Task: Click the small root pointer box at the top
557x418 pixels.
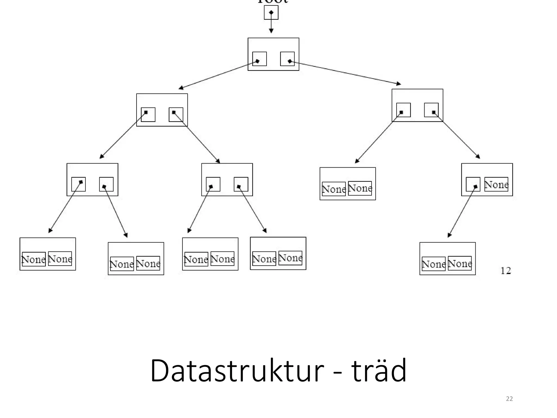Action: (271, 13)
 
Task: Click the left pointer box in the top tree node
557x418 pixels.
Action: (259, 59)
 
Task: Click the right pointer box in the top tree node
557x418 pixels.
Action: (287, 59)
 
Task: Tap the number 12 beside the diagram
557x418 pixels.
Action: (506, 271)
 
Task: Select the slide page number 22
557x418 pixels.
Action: (509, 399)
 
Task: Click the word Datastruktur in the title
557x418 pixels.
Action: (237, 371)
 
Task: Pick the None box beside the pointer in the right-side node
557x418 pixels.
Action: (496, 184)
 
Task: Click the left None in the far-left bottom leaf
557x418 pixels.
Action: (34, 259)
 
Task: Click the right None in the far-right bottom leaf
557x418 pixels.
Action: (460, 263)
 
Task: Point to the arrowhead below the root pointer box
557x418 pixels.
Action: (271, 30)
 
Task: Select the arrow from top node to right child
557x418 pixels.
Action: (345, 73)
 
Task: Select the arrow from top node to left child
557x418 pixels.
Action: (218, 75)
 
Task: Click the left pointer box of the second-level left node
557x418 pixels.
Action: (148, 115)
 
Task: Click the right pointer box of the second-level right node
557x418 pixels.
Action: (431, 110)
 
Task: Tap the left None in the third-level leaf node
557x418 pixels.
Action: (334, 189)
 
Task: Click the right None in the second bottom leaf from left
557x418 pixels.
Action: (148, 263)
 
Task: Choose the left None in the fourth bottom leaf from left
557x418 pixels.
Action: (264, 259)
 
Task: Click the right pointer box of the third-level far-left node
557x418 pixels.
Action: (106, 184)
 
